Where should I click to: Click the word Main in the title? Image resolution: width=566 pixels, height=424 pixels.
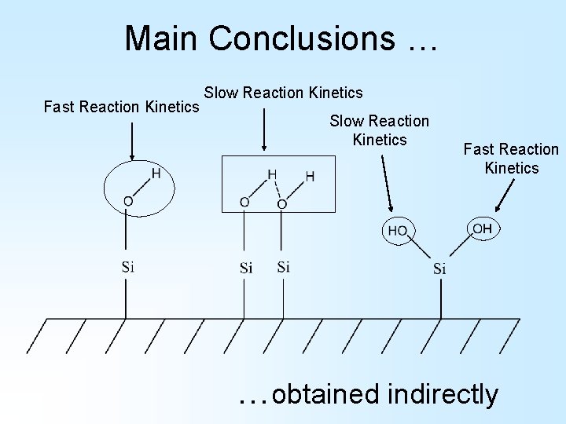[162, 38]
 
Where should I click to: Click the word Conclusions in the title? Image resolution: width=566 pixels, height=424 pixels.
[301, 38]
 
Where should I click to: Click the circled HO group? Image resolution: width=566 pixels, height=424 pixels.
[398, 230]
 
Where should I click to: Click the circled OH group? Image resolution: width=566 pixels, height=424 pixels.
[482, 228]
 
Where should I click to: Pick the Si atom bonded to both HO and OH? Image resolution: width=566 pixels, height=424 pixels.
[439, 269]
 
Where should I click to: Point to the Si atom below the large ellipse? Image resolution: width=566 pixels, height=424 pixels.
[127, 266]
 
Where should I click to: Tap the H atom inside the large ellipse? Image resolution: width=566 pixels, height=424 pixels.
[156, 173]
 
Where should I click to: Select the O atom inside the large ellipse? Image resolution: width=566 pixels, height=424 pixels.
[127, 202]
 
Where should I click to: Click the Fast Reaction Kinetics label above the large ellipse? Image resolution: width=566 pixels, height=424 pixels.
[121, 106]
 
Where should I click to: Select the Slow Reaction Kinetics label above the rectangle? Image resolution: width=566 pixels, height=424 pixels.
[283, 93]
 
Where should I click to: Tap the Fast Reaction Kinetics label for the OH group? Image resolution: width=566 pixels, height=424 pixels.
[511, 158]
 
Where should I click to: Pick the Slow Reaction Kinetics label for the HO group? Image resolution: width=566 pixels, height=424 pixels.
[380, 130]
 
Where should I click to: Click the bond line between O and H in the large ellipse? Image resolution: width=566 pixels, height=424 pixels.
[141, 187]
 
